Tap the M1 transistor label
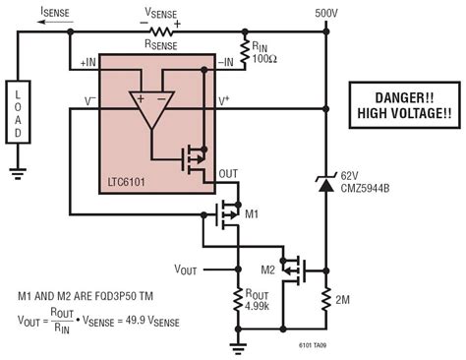tap(251, 212)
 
